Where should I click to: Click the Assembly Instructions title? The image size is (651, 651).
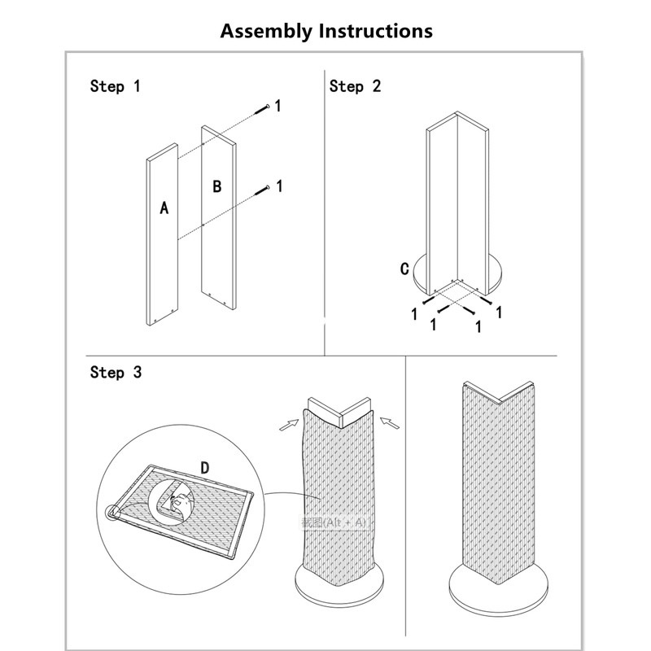pyautogui.click(x=326, y=31)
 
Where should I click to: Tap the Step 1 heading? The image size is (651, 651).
pyautogui.click(x=115, y=86)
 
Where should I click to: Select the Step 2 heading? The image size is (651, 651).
pyautogui.click(x=355, y=86)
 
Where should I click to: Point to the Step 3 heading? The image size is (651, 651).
pyautogui.click(x=115, y=373)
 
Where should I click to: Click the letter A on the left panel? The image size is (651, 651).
pyautogui.click(x=164, y=208)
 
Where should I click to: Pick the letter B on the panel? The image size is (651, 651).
pyautogui.click(x=217, y=186)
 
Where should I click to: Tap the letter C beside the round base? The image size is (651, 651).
pyautogui.click(x=404, y=269)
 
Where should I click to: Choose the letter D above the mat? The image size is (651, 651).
pyautogui.click(x=205, y=467)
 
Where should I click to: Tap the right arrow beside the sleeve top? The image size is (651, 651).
pyautogui.click(x=391, y=422)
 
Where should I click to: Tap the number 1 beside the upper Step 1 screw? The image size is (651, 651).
pyautogui.click(x=278, y=106)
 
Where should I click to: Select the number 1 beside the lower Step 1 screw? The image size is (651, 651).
pyautogui.click(x=279, y=186)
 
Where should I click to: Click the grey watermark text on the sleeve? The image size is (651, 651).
pyautogui.click(x=334, y=522)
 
